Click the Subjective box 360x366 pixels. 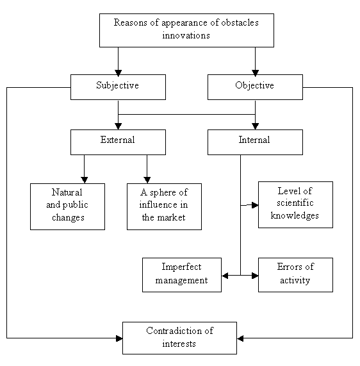pos(118,87)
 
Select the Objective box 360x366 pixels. pos(255,87)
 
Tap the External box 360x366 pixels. pos(118,142)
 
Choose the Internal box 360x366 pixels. pos(255,142)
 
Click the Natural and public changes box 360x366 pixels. pos(67,206)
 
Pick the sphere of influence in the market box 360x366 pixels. pos(164,206)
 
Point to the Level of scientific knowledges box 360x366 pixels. pos(295,204)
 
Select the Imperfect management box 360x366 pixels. pos(182,275)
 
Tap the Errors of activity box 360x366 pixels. pos(295,275)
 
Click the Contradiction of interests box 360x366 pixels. pos(179,338)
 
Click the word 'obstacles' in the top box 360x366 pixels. pos(240,22)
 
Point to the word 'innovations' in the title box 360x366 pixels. pos(186,35)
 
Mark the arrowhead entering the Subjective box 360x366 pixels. pos(119,72)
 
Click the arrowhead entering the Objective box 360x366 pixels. pos(255,72)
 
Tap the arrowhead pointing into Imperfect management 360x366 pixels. pos(225,276)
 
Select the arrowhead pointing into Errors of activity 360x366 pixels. pos(255,276)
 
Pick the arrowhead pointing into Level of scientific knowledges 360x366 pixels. pos(255,205)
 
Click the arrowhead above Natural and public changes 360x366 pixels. pos(84,180)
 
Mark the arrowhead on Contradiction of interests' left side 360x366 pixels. pos(119,338)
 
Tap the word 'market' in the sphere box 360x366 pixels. pos(171,217)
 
